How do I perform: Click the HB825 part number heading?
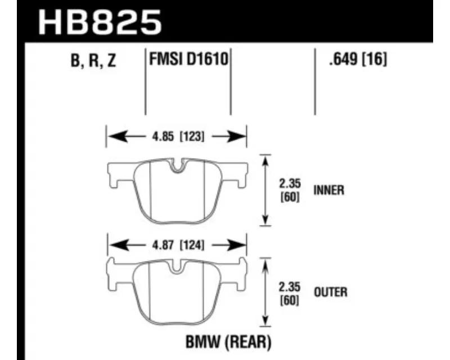[100, 22]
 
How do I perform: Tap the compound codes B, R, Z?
[93, 61]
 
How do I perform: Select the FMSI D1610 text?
[188, 60]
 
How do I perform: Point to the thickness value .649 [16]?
[358, 59]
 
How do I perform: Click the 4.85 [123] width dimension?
[178, 136]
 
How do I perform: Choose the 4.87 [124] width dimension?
[178, 245]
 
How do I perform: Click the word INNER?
[328, 190]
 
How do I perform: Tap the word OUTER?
[331, 292]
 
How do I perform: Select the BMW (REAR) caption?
[228, 342]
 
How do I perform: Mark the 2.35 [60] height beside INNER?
[290, 190]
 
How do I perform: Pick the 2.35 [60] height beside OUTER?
[290, 294]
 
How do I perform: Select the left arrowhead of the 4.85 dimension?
[117, 136]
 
